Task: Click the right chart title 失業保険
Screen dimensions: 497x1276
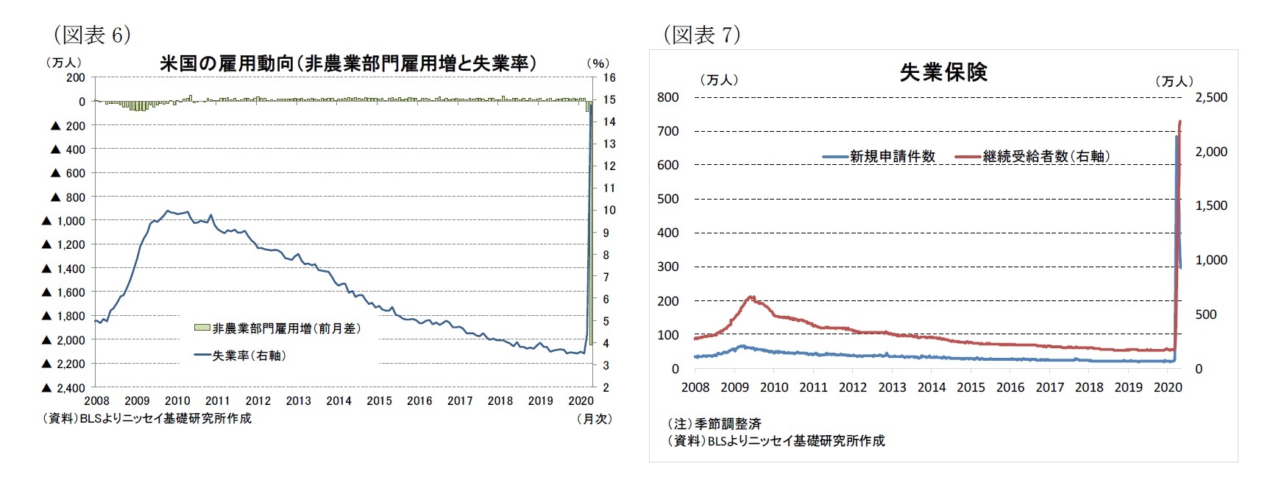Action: click(943, 72)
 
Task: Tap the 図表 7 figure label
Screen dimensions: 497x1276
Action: click(702, 35)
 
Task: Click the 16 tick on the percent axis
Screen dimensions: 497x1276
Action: click(609, 77)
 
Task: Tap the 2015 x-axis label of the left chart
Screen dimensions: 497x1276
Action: click(379, 401)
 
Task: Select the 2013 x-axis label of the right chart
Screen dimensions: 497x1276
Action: click(892, 387)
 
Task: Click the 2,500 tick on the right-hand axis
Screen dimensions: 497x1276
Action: click(1211, 97)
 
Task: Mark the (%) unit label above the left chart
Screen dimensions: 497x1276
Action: click(598, 63)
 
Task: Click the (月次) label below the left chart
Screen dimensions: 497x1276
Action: click(595, 418)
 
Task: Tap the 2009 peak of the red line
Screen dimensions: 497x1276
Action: click(751, 297)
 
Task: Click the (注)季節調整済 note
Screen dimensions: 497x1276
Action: click(714, 423)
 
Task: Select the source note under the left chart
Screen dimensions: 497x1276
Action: click(147, 418)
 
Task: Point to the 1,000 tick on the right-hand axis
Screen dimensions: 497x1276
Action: click(1211, 260)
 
